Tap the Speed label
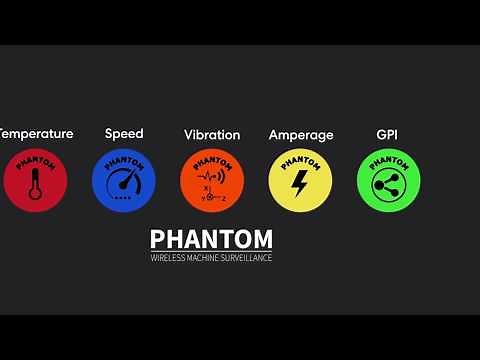pyautogui.click(x=124, y=134)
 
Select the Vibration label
pyautogui.click(x=212, y=135)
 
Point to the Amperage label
pyautogui.click(x=301, y=135)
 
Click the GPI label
pyautogui.click(x=388, y=134)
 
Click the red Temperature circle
pyautogui.click(x=35, y=180)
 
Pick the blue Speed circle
pyautogui.click(x=124, y=180)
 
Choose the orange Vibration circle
pyautogui.click(x=212, y=180)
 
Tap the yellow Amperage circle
pyautogui.click(x=300, y=180)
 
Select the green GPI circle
pyautogui.click(x=388, y=180)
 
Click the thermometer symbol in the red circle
pyautogui.click(x=36, y=186)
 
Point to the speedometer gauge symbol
pyautogui.click(x=124, y=185)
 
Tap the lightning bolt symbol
pyautogui.click(x=300, y=184)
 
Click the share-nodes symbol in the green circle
pyautogui.click(x=388, y=185)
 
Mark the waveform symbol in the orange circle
pyautogui.click(x=212, y=176)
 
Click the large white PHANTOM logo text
pyautogui.click(x=211, y=240)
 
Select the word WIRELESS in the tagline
pyautogui.click(x=166, y=258)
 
